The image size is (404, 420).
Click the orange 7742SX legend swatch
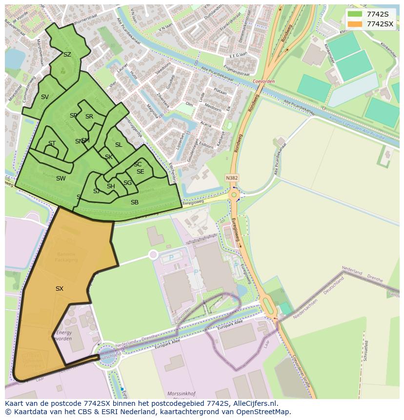click(x=355, y=24)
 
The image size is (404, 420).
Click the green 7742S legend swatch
click(x=355, y=14)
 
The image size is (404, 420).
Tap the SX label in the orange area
click(x=59, y=289)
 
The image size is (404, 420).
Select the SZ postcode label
click(x=67, y=55)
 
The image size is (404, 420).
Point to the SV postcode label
click(x=44, y=97)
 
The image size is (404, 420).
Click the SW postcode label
click(x=61, y=179)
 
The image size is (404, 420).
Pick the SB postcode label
click(x=134, y=202)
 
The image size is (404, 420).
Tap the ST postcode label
click(x=52, y=143)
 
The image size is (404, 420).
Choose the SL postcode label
click(x=119, y=145)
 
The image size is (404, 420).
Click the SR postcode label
click(x=89, y=117)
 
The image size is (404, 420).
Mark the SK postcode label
click(x=108, y=157)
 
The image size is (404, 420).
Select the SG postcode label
click(x=127, y=183)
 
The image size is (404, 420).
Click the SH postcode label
click(x=111, y=186)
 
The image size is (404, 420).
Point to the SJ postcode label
click(x=96, y=191)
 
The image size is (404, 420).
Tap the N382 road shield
click(x=232, y=178)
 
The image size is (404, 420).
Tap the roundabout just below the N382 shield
click(x=234, y=195)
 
